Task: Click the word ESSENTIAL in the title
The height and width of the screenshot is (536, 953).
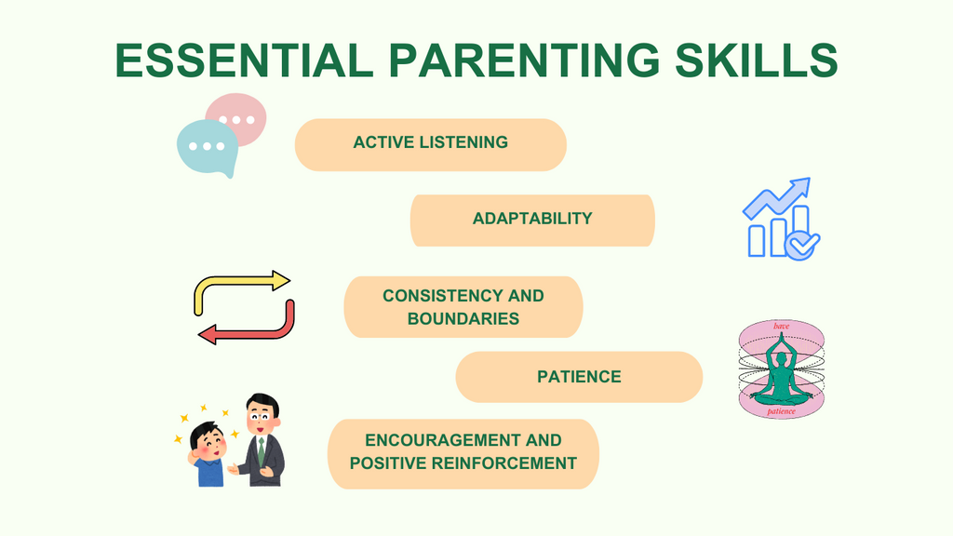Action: coord(244,60)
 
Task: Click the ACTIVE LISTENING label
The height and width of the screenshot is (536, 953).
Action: coord(430,143)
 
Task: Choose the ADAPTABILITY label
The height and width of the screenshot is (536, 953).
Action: coord(532,219)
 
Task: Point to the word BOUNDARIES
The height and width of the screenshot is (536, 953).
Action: coord(463,318)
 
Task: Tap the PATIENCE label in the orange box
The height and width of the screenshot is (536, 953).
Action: coord(579,377)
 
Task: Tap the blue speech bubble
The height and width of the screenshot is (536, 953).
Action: coord(207,147)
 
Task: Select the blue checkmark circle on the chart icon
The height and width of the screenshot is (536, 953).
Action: coord(801,244)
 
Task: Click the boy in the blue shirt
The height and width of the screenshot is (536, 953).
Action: coord(208,456)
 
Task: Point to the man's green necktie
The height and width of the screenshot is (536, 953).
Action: coord(262,451)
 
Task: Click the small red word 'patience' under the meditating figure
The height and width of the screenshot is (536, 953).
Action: coord(781,410)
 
